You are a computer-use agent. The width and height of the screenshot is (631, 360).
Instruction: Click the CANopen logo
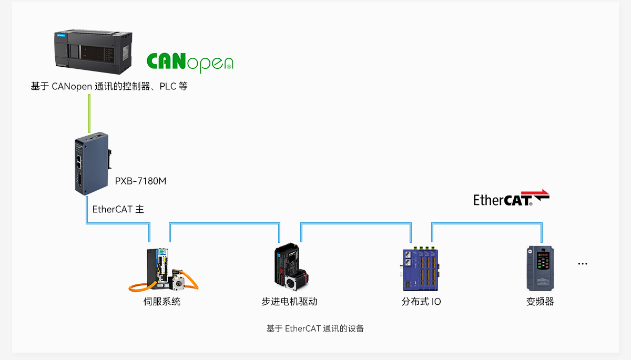click(x=190, y=63)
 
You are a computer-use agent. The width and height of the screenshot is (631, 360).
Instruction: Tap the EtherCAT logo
click(x=511, y=198)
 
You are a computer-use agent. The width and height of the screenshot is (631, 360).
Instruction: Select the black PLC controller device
click(x=93, y=52)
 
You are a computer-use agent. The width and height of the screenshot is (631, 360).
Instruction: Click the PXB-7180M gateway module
click(x=93, y=163)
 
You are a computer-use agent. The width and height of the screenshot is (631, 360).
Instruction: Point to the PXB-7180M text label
click(x=140, y=181)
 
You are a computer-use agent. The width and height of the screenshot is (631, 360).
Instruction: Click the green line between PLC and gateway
click(x=89, y=113)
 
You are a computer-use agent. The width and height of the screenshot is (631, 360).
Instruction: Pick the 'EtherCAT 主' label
click(x=118, y=209)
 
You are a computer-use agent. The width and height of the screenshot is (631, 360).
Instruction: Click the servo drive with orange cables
click(x=164, y=270)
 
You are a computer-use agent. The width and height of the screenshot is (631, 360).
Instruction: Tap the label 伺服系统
click(x=162, y=302)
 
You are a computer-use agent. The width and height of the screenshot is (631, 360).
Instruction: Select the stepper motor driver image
click(x=291, y=266)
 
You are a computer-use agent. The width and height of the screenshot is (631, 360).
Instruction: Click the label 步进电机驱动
click(x=289, y=302)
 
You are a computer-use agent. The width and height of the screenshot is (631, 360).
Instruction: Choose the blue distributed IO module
click(x=420, y=269)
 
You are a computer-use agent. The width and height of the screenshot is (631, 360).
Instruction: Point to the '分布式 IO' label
click(x=421, y=302)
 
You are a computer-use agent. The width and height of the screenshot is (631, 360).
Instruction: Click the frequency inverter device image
click(x=541, y=268)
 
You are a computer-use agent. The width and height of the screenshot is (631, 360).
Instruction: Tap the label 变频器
click(x=540, y=302)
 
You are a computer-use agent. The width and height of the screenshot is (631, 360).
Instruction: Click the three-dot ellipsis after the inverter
click(x=583, y=264)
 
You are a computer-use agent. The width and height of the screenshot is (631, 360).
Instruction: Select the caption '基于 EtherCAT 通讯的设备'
click(x=315, y=328)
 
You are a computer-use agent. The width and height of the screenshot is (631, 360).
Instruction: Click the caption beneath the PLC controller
click(x=109, y=86)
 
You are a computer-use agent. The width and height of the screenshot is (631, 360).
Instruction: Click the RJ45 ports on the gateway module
click(x=79, y=162)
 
